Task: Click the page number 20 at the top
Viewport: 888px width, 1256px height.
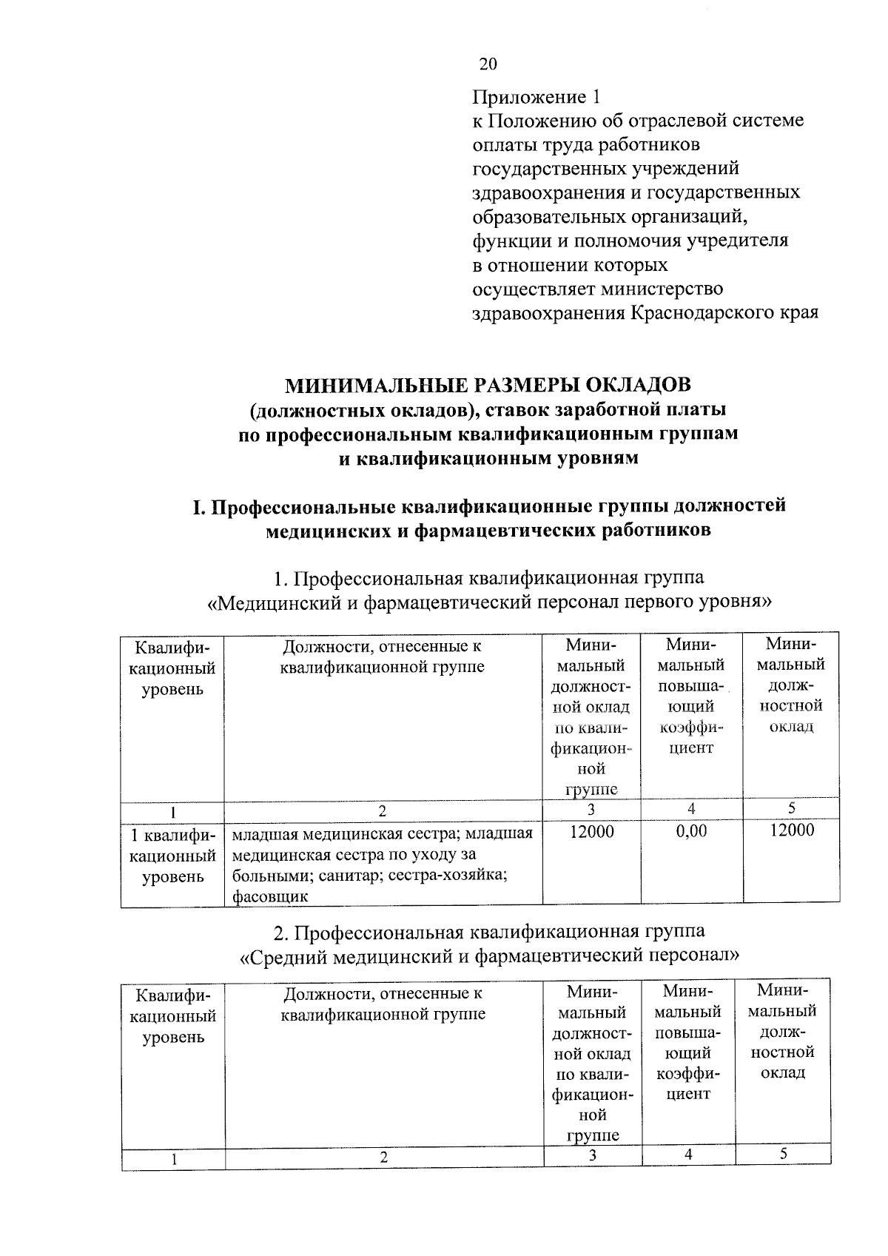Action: click(x=488, y=64)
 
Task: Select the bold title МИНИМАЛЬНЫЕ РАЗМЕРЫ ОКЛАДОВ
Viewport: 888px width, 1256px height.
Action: click(x=488, y=385)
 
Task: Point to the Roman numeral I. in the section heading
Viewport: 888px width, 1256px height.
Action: click(x=198, y=507)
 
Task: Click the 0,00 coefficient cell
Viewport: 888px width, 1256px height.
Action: click(x=691, y=831)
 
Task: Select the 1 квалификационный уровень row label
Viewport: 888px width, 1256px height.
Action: click(x=172, y=856)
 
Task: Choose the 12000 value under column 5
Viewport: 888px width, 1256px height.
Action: click(x=791, y=830)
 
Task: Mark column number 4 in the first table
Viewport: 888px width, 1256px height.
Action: click(x=691, y=809)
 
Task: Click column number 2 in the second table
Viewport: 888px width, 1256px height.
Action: click(x=384, y=1158)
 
